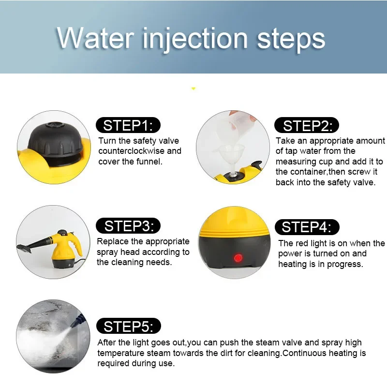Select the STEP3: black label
(128, 225)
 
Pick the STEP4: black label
(307, 227)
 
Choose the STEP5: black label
(128, 326)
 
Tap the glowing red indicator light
(238, 257)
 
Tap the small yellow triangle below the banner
(193, 89)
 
